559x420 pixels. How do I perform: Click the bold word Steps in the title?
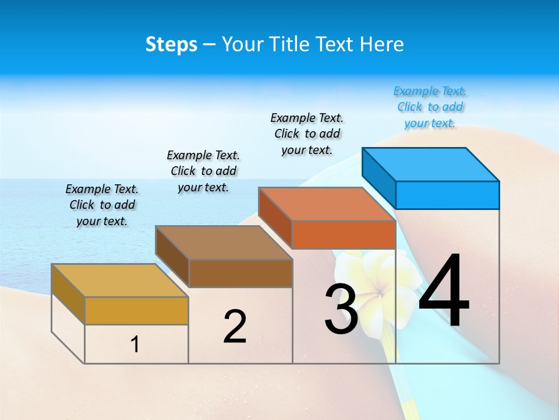point(171,45)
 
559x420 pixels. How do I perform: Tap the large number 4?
point(444,292)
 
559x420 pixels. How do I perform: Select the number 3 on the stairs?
point(341,310)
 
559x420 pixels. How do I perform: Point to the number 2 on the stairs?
point(235,327)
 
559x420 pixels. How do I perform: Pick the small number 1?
point(135,344)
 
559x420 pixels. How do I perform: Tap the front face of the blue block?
point(447,195)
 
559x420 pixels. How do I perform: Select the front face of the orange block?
point(344,235)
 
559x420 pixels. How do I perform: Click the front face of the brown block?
point(240,273)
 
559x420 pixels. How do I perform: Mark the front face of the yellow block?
point(136,310)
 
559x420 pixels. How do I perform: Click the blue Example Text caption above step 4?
point(430,107)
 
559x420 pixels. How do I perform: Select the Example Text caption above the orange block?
point(307,134)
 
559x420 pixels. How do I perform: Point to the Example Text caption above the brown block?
point(203,171)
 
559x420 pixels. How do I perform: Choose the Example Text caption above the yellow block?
point(102,205)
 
